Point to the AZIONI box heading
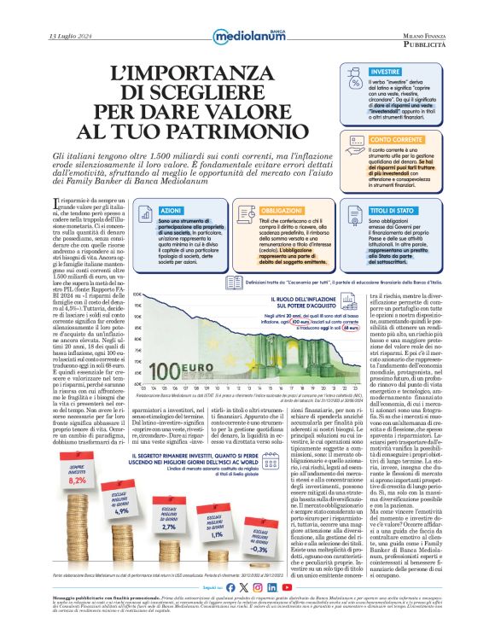(x=172, y=210)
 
